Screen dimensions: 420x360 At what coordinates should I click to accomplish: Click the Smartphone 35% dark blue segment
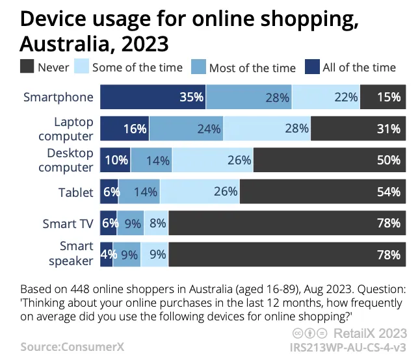point(153,97)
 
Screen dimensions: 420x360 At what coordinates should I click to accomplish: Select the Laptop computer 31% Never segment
point(358,129)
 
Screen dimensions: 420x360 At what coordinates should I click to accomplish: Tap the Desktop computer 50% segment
point(330,160)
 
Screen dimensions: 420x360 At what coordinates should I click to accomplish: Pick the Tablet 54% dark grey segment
point(322,192)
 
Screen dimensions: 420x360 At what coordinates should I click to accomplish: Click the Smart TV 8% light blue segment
point(156,223)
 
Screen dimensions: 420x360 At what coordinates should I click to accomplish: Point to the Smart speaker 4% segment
point(107,255)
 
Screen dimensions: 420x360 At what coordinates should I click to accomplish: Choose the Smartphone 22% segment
point(326,97)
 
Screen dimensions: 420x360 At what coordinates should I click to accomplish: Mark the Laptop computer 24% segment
point(186,129)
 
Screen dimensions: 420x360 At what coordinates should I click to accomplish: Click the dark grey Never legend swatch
point(27,66)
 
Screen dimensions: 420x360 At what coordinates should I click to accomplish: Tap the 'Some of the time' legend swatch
point(82,66)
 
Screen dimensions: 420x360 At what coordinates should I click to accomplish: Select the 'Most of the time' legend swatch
point(198,67)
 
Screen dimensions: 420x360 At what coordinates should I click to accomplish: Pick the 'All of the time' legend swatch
point(312,67)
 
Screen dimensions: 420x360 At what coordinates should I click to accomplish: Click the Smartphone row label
point(59,97)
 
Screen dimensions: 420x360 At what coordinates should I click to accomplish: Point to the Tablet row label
point(76,192)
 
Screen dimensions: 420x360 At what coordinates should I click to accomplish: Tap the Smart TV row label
point(68,224)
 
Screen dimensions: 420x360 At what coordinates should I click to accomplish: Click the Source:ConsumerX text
point(72,347)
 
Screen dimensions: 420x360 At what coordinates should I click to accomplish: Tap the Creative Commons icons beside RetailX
point(310,333)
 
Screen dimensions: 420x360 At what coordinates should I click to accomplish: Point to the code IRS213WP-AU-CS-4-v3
point(348,348)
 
